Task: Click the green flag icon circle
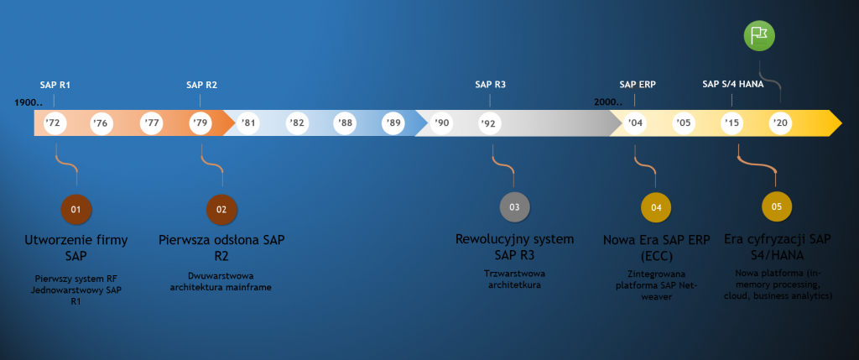click(759, 34)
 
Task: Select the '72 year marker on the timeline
click(53, 123)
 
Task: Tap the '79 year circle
click(200, 123)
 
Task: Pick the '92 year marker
click(489, 123)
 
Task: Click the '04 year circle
click(635, 123)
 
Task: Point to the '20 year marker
click(781, 123)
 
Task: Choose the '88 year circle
click(345, 123)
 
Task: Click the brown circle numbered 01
click(76, 208)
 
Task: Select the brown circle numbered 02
click(221, 208)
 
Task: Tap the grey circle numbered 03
click(514, 206)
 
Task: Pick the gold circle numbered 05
click(776, 206)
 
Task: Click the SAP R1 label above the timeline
click(55, 85)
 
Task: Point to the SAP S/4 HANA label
click(731, 85)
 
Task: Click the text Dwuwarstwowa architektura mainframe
click(221, 282)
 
